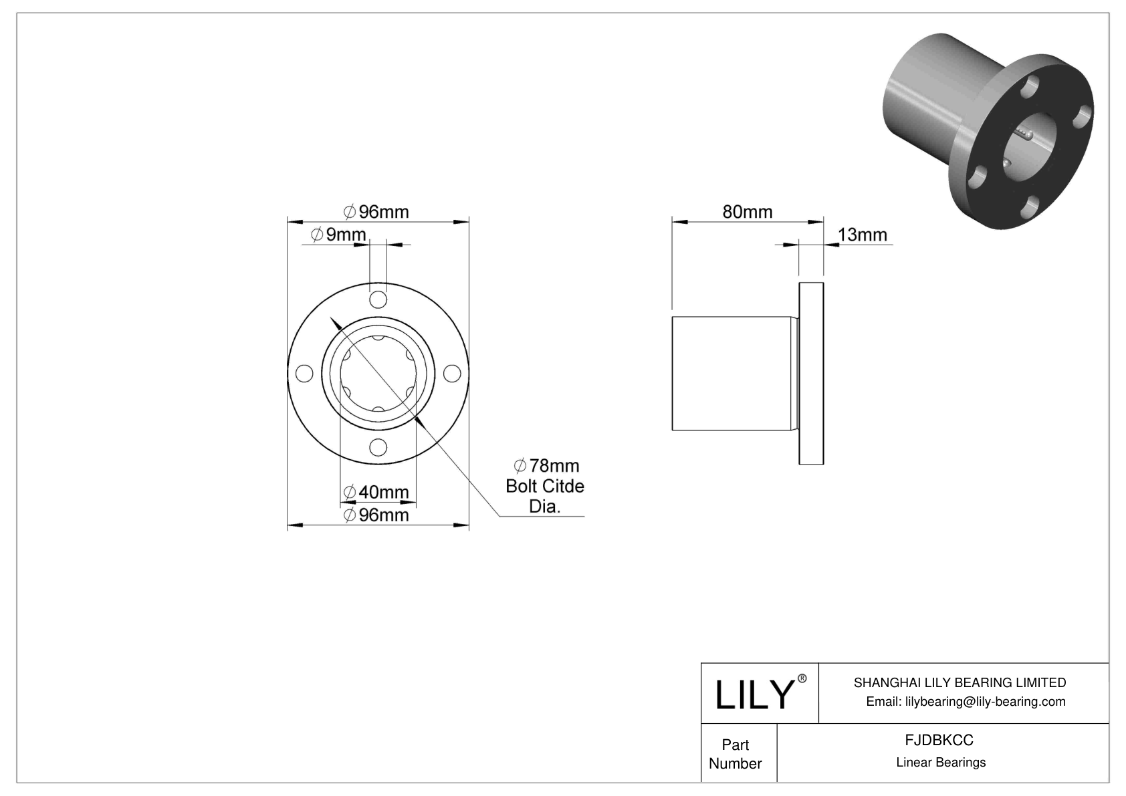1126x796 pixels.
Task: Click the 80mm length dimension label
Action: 747,212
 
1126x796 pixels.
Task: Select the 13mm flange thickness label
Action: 862,235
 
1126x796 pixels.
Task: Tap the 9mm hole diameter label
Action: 339,235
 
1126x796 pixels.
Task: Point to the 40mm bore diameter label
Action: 376,493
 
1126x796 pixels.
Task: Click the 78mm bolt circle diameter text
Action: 546,466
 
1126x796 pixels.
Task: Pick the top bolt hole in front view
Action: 378,299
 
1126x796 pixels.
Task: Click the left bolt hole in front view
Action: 304,374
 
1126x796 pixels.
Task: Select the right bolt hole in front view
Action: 452,374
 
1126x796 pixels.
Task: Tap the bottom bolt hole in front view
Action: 378,447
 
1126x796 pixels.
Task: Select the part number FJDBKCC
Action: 939,741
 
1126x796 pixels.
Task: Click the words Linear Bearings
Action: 941,763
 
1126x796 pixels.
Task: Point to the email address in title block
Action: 965,702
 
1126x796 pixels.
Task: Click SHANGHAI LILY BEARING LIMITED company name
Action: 960,682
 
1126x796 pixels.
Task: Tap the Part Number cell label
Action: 736,754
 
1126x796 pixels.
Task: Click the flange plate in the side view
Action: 811,374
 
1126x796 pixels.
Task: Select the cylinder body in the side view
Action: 732,374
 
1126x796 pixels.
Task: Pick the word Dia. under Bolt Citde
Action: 544,507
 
